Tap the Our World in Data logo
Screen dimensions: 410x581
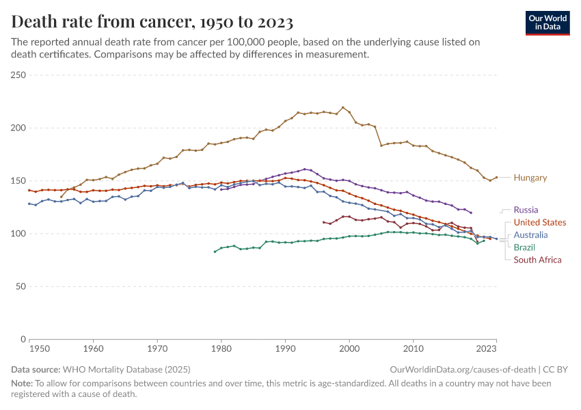coord(547,22)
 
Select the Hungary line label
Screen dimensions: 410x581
coord(530,178)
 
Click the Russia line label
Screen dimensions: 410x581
coord(526,210)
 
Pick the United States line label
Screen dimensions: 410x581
coord(539,222)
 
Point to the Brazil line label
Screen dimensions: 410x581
coord(524,247)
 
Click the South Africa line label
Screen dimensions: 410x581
coord(537,260)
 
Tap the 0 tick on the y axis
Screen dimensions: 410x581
coord(22,339)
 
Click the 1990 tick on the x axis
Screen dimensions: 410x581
coord(285,348)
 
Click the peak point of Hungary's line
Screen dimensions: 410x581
coord(343,107)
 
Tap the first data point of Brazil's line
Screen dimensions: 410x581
coord(215,251)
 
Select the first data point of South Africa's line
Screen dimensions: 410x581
coord(323,221)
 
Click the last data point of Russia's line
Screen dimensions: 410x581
coord(471,213)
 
